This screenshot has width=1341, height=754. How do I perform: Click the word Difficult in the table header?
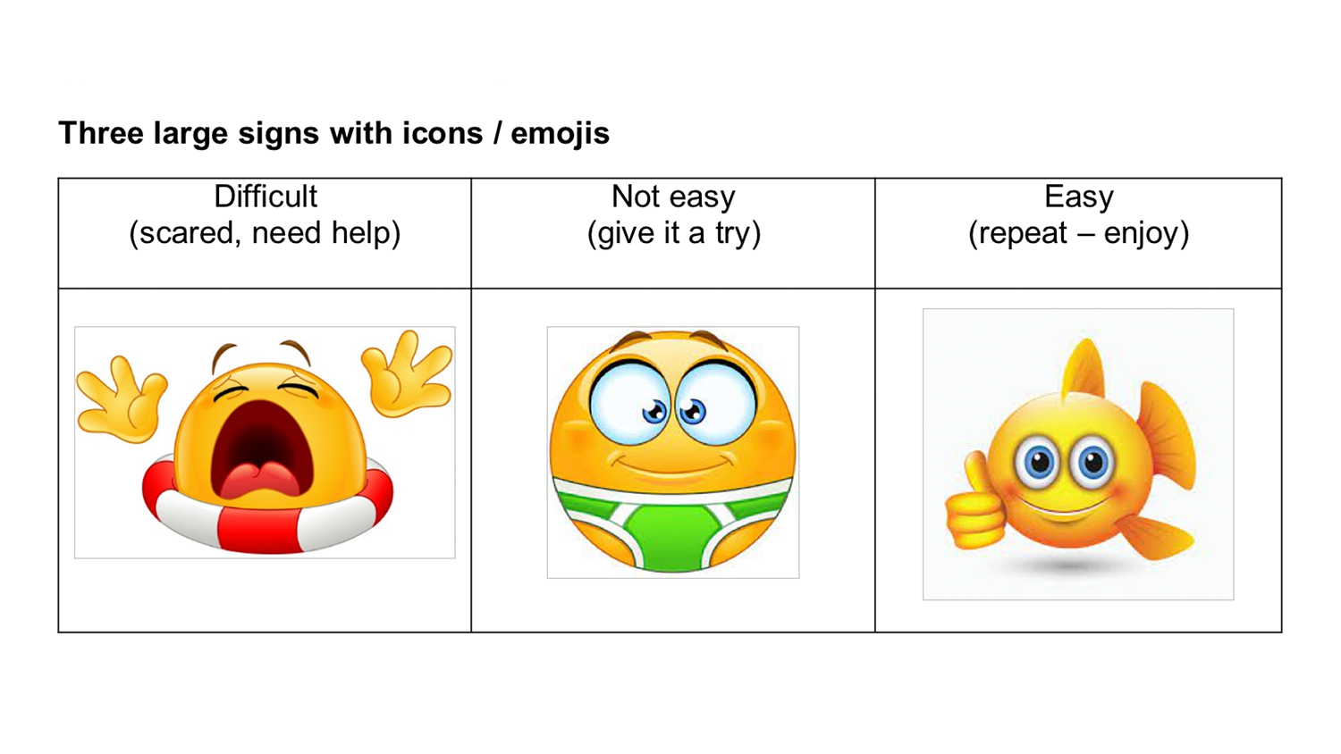click(266, 197)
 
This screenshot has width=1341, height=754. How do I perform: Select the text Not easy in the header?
click(673, 197)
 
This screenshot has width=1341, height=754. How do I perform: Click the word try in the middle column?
click(732, 234)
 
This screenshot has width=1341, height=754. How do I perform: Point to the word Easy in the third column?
click(1079, 197)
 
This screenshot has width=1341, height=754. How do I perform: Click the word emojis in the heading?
click(560, 133)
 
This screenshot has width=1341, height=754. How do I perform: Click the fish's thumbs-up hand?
click(974, 507)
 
